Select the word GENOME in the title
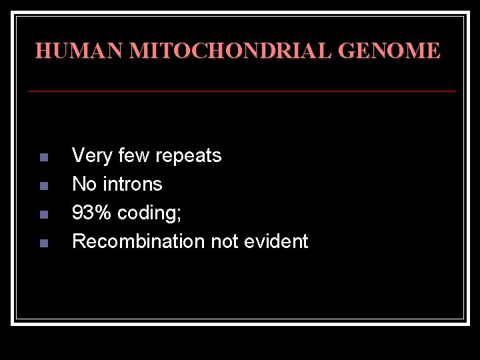(389, 51)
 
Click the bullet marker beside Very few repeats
(43, 158)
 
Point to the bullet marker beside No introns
(43, 186)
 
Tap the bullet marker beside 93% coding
(43, 215)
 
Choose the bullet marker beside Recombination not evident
(43, 243)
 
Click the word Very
(91, 156)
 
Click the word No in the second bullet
(84, 184)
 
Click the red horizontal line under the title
(241, 89)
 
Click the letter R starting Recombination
(78, 241)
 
